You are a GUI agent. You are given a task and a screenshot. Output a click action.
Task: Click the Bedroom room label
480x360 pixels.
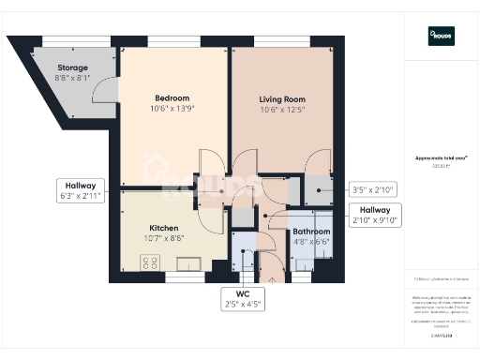pos(172,97)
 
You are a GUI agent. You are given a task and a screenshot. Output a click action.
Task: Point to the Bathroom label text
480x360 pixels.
pos(311,231)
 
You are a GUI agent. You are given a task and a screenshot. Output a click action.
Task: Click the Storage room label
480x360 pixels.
pos(71,67)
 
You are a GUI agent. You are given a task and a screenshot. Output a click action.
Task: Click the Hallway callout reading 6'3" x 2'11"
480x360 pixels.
pos(79,190)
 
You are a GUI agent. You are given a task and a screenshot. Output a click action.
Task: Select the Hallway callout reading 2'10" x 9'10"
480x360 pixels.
pos(374,215)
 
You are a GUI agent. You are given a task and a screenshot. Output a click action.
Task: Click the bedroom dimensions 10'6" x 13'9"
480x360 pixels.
pos(172,109)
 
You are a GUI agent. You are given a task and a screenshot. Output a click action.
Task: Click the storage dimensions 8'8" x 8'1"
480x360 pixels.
pos(71,78)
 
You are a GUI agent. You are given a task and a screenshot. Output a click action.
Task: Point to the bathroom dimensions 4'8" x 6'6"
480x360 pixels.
pos(311,242)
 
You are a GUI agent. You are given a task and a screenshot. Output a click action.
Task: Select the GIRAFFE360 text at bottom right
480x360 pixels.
pos(441,334)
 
